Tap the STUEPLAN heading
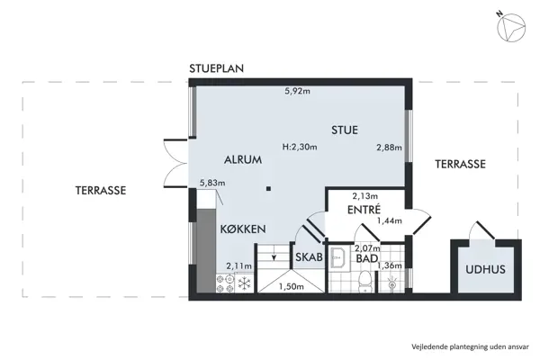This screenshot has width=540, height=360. (217, 69)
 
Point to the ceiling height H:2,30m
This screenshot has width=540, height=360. (300, 147)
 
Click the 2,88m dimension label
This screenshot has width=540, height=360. (389, 147)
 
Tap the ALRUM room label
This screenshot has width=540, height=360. (242, 160)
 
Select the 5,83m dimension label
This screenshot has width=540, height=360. (212, 183)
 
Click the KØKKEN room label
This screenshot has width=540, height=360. (242, 229)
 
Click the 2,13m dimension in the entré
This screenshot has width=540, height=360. (365, 195)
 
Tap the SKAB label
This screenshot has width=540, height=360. (309, 255)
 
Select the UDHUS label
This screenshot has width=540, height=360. (484, 269)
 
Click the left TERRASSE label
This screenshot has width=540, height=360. (100, 191)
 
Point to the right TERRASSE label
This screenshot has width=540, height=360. (460, 165)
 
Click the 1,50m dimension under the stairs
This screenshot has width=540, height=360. (290, 286)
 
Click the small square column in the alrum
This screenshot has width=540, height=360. (268, 188)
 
